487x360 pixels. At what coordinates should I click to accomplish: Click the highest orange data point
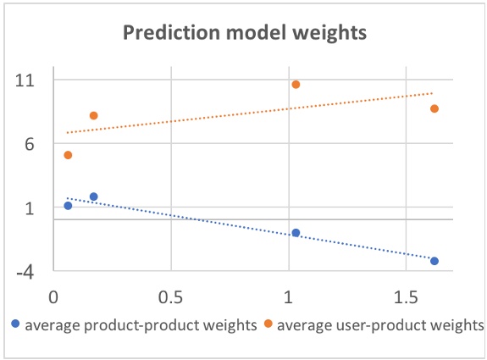pyautogui.click(x=296, y=85)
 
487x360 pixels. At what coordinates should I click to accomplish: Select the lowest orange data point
pyautogui.click(x=68, y=155)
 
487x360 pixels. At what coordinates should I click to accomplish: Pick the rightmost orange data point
pyautogui.click(x=434, y=108)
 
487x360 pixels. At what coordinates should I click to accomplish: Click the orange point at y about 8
pyautogui.click(x=94, y=115)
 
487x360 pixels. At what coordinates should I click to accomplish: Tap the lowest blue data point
pyautogui.click(x=434, y=261)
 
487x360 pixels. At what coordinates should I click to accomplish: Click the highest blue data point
pyautogui.click(x=94, y=197)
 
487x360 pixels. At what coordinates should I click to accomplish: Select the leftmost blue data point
pyautogui.click(x=68, y=206)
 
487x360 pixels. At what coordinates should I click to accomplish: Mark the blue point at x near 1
pyautogui.click(x=296, y=232)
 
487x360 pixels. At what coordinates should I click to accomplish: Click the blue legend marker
pyautogui.click(x=15, y=324)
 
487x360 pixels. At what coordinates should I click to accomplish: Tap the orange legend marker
pyautogui.click(x=268, y=324)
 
